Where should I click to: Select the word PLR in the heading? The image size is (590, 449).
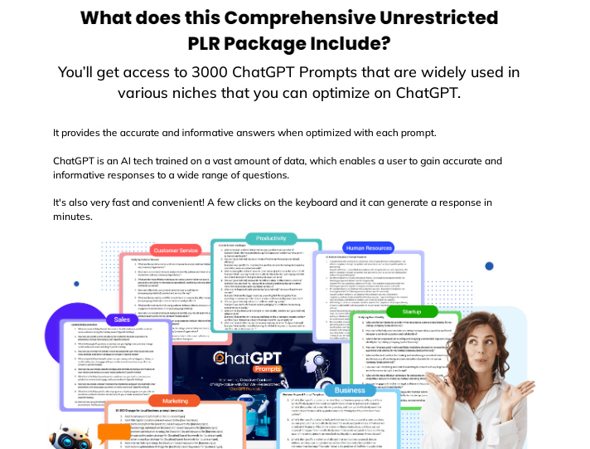[216, 43]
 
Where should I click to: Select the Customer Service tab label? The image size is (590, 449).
[175, 250]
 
